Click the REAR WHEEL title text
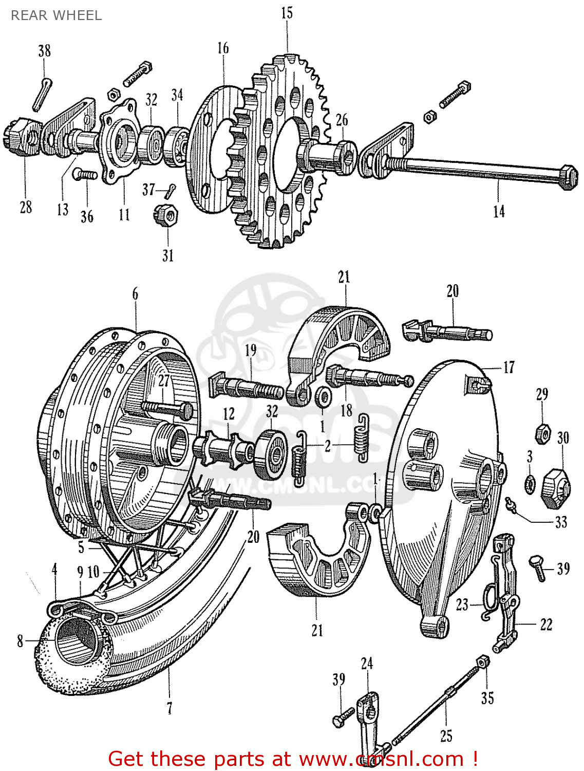click(56, 15)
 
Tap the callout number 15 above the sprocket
click(287, 13)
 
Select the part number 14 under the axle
click(498, 211)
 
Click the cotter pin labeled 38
click(41, 94)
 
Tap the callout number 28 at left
click(26, 207)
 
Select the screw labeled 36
click(85, 175)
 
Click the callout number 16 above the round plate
click(222, 48)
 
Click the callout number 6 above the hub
click(135, 294)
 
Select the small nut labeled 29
click(542, 433)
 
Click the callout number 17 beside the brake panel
click(508, 367)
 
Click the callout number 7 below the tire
click(169, 708)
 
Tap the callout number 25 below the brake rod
click(446, 736)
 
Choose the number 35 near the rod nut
click(487, 698)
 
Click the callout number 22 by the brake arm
click(546, 625)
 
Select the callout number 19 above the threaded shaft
click(250, 351)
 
